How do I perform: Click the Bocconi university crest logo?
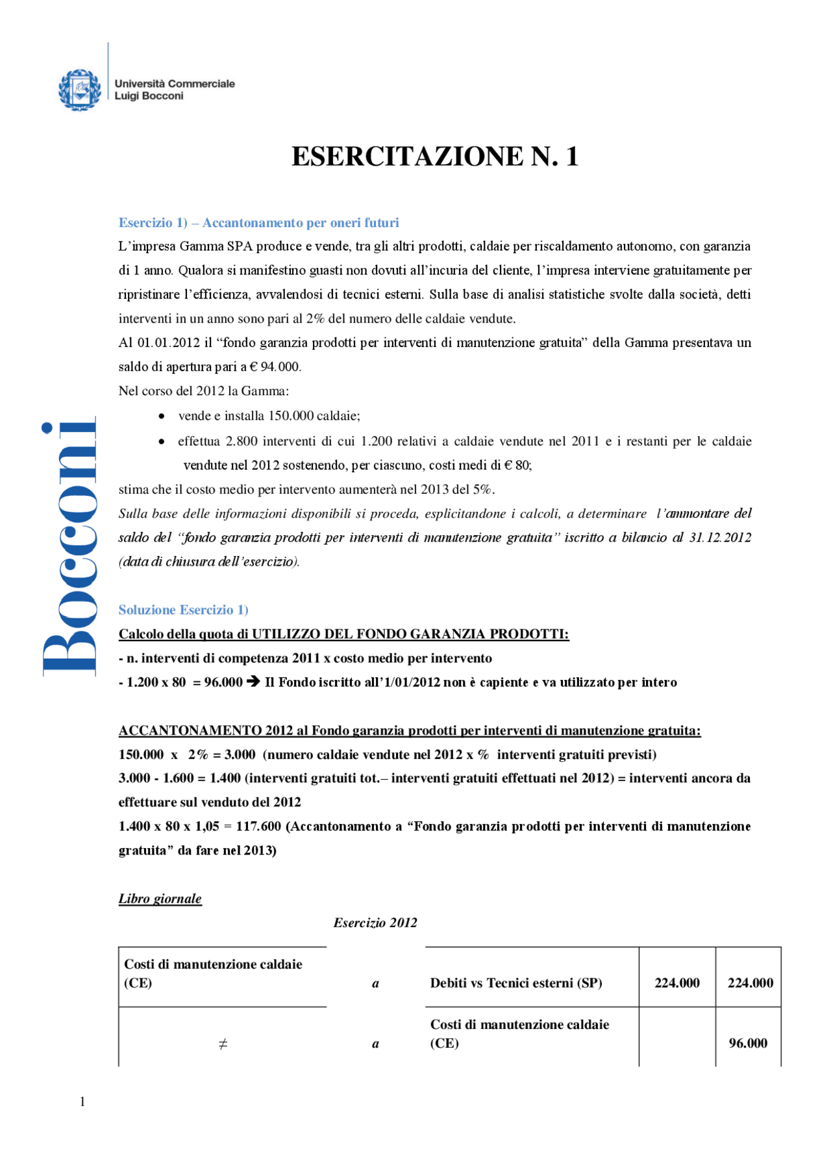coord(80,90)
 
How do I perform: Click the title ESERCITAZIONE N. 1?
coord(434,156)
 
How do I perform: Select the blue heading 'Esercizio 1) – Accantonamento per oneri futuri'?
coord(258,223)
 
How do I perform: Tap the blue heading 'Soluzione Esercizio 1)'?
coord(183,610)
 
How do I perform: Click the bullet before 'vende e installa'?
coord(162,416)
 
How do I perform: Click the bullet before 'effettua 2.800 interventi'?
coord(162,442)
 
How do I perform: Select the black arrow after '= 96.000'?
coord(253,682)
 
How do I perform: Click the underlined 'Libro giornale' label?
coord(160,899)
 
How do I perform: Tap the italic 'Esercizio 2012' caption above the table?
coord(375,923)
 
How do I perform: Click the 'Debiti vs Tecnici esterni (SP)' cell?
coord(516,983)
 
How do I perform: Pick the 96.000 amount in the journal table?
coord(748,1043)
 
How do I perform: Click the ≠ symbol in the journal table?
coord(223,1044)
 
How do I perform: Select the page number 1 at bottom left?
coord(82,1101)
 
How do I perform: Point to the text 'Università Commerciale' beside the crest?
coord(175,84)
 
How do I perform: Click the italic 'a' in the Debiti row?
coord(375,984)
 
